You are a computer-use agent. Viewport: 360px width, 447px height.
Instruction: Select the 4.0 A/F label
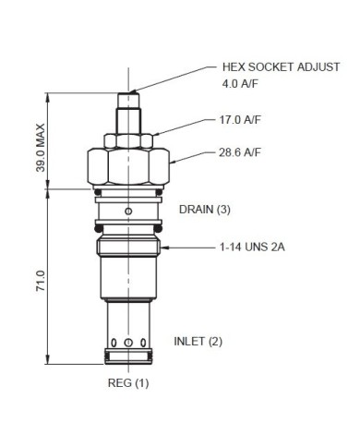tap(243, 85)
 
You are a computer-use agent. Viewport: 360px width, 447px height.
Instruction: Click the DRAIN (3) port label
tap(204, 210)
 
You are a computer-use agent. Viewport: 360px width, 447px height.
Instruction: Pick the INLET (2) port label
tap(198, 341)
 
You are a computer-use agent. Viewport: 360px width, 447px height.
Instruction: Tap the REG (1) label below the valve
tap(128, 381)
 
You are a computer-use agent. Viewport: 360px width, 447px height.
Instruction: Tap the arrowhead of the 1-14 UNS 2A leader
tap(164, 248)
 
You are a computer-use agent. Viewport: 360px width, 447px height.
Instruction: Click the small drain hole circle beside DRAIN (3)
tap(130, 211)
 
